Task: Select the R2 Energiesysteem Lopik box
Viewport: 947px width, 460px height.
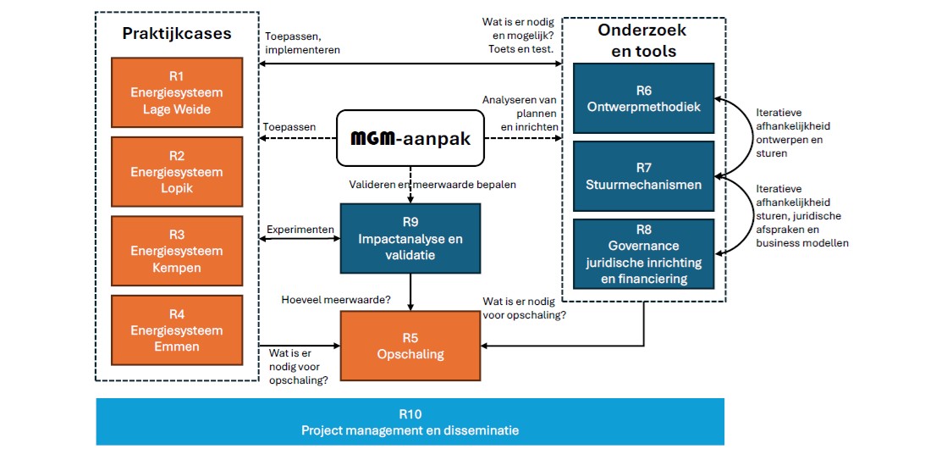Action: (x=177, y=171)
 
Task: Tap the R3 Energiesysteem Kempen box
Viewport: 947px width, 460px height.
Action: (x=177, y=251)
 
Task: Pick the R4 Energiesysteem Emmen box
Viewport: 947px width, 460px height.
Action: (x=177, y=330)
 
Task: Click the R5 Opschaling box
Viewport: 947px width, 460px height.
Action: (x=410, y=346)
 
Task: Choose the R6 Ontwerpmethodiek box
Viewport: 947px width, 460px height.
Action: (x=643, y=97)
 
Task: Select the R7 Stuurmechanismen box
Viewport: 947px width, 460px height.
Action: (x=643, y=176)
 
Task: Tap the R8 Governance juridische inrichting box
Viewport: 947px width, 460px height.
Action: (x=643, y=253)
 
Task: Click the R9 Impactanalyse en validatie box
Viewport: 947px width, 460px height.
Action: (x=410, y=239)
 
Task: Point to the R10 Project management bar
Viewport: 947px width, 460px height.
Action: (x=410, y=422)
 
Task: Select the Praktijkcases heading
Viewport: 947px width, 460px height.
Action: (x=176, y=34)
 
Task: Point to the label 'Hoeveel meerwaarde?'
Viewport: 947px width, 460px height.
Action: (x=336, y=299)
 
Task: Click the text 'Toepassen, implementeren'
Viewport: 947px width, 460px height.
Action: (x=303, y=43)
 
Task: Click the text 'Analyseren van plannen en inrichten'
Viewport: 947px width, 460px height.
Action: (x=520, y=113)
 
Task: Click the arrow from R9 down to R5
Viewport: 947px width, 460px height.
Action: (x=410, y=291)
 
